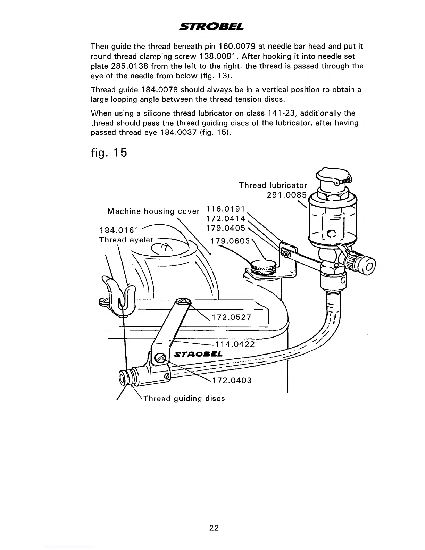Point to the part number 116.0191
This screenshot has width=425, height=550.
point(226,209)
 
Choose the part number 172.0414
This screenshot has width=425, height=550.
point(226,219)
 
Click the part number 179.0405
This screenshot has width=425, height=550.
point(226,228)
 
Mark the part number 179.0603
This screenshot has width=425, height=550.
point(231,241)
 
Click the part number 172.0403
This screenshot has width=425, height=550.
point(232,380)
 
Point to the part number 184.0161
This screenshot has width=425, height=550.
point(119,230)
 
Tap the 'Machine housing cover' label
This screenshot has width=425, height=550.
point(153,211)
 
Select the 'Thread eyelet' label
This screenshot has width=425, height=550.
point(126,240)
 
